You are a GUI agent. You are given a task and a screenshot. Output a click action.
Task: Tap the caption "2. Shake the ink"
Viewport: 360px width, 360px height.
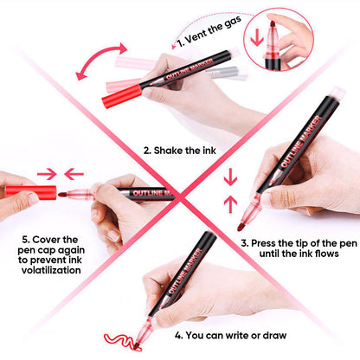[179, 149]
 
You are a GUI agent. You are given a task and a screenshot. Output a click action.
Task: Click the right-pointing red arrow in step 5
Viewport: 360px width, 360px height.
[43, 173]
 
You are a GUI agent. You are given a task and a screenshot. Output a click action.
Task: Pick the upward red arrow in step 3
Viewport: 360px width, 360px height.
[229, 204]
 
